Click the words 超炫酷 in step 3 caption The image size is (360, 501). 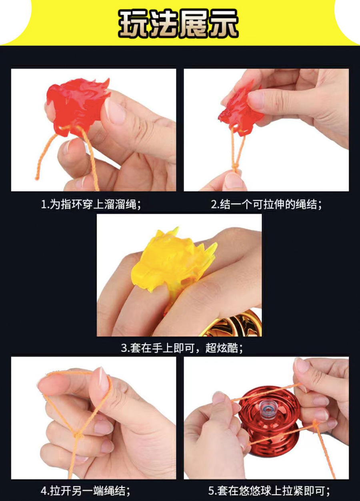(224, 348)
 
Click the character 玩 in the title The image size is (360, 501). (134, 23)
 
